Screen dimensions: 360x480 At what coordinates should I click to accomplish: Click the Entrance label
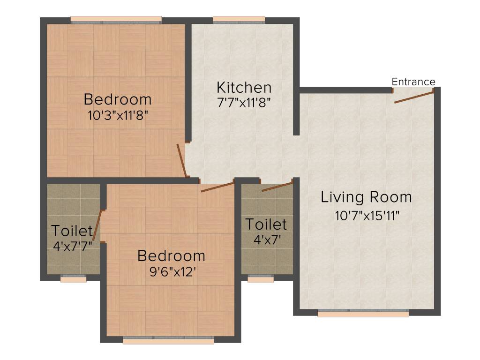pos(413,82)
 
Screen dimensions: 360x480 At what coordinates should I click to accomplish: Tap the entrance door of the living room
pos(414,97)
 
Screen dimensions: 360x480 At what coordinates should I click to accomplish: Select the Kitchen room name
pos(244,88)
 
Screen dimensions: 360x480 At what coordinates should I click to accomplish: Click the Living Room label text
pos(366,197)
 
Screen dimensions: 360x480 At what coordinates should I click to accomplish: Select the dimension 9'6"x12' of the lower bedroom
pos(171,272)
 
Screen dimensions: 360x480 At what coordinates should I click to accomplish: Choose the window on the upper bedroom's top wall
pos(116,20)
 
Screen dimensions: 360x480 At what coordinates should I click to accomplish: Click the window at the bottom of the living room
pos(363,314)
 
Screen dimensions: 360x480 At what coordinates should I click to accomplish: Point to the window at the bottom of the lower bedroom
pos(169,341)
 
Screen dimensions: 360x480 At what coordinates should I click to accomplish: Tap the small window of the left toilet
pos(73,279)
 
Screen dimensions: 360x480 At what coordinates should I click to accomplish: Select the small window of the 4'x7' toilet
pos(260,279)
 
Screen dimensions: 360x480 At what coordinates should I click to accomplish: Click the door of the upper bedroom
pos(181,160)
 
